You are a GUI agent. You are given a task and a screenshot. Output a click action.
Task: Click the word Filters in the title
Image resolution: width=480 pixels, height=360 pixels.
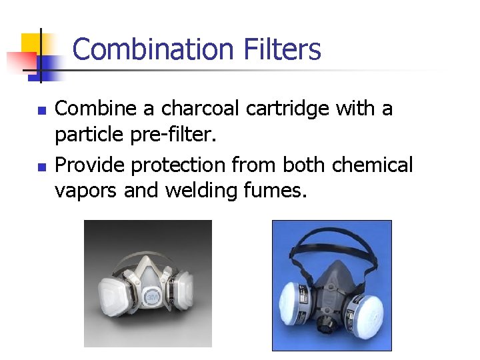tap(283, 50)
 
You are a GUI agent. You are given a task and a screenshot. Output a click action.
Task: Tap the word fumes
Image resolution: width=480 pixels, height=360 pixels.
tap(275, 191)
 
